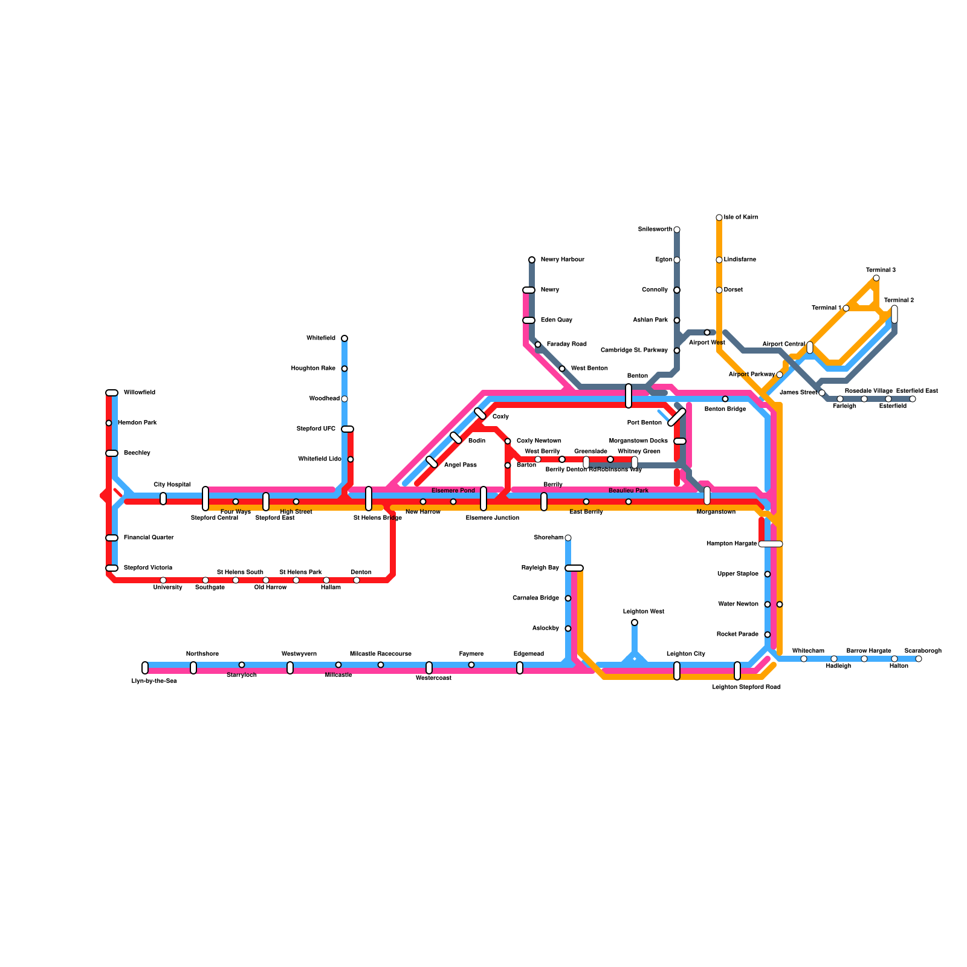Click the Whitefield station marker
point(344,338)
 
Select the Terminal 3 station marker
point(876,278)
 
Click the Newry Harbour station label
point(562,260)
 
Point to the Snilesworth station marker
point(677,230)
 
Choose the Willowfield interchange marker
point(112,393)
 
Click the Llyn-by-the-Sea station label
point(154,681)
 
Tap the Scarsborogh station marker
point(919,659)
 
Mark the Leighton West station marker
point(635,623)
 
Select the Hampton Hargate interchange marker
point(771,544)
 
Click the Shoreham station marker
point(568,538)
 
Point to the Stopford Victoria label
point(148,568)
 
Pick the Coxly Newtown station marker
point(508,441)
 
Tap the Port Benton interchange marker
point(677,417)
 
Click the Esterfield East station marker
point(913,399)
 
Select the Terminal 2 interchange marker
point(894,314)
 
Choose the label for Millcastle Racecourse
point(381,654)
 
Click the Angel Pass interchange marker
point(432,462)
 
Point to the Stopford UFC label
point(316,429)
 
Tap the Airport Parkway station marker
point(780,375)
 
